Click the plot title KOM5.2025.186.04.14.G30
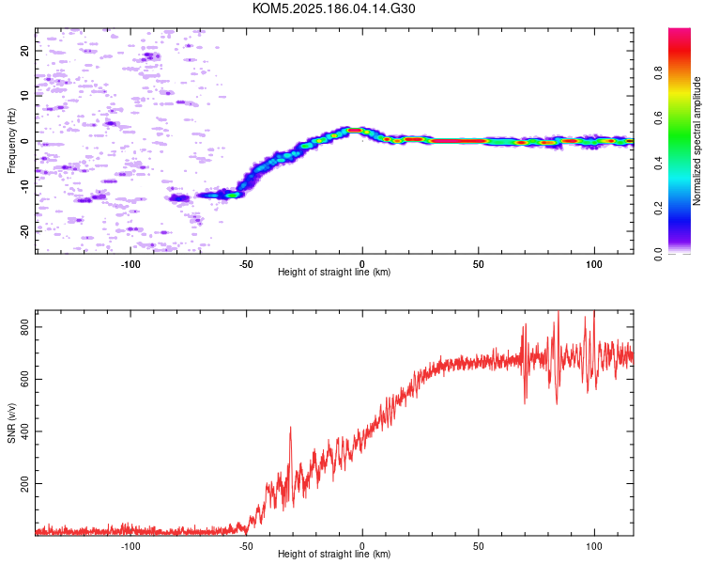pyautogui.click(x=333, y=8)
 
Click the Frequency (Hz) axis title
pyautogui.click(x=11, y=141)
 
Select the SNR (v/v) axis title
pyautogui.click(x=11, y=423)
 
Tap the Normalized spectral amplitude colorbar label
pyautogui.click(x=696, y=141)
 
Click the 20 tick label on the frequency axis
pyautogui.click(x=24, y=52)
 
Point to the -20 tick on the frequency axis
pyautogui.click(x=24, y=231)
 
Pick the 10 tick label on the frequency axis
pyautogui.click(x=24, y=96)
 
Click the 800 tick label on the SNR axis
pyautogui.click(x=24, y=327)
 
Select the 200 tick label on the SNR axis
pyautogui.click(x=24, y=483)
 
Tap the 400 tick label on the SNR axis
pyautogui.click(x=24, y=431)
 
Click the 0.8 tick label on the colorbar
pyautogui.click(x=658, y=73)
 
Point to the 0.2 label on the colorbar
pyautogui.click(x=658, y=209)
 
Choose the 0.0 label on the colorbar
pyautogui.click(x=658, y=254)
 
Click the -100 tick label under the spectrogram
pyautogui.click(x=130, y=264)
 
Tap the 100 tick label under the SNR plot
pyautogui.click(x=594, y=546)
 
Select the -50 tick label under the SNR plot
pyautogui.click(x=246, y=546)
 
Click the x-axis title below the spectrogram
pyautogui.click(x=334, y=272)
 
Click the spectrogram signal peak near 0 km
pyautogui.click(x=355, y=130)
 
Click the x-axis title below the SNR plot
pyautogui.click(x=334, y=554)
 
